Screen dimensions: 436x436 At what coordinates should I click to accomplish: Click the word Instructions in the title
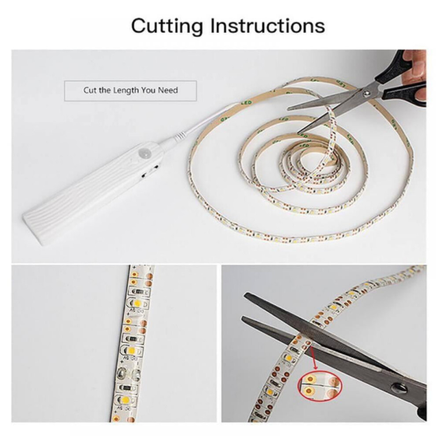pos(267,26)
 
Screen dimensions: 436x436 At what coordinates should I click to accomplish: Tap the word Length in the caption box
pos(126,90)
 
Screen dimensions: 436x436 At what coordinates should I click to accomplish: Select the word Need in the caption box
pos(168,90)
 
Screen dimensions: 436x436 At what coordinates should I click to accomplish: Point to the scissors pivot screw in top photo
pos(369,94)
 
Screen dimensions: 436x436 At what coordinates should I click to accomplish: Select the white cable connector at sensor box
pos(180,137)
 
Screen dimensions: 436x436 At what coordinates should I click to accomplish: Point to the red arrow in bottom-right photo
pos(313,357)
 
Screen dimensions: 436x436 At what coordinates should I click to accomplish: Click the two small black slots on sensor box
pos(150,171)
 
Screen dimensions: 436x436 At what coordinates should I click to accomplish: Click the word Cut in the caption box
pos(89,90)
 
